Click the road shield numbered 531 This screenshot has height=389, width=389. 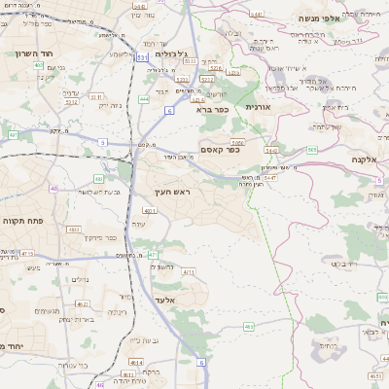point(142,58)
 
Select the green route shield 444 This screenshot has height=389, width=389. point(143,98)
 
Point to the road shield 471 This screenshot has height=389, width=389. point(152,255)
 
